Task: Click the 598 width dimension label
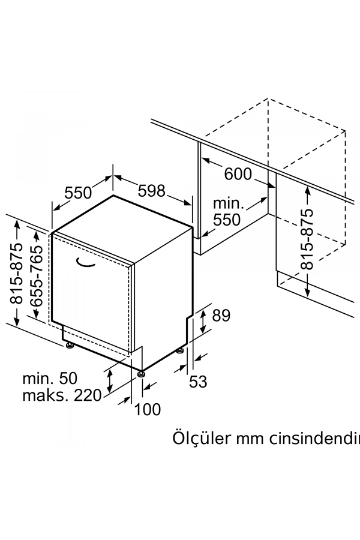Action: [151, 191]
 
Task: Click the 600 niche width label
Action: [238, 173]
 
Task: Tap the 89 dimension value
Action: [221, 316]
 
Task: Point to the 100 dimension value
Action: [148, 409]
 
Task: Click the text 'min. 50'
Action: [50, 379]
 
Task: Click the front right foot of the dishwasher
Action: [141, 374]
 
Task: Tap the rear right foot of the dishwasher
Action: [181, 349]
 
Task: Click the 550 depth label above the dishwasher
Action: [78, 193]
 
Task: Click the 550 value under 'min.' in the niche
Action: [227, 220]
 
